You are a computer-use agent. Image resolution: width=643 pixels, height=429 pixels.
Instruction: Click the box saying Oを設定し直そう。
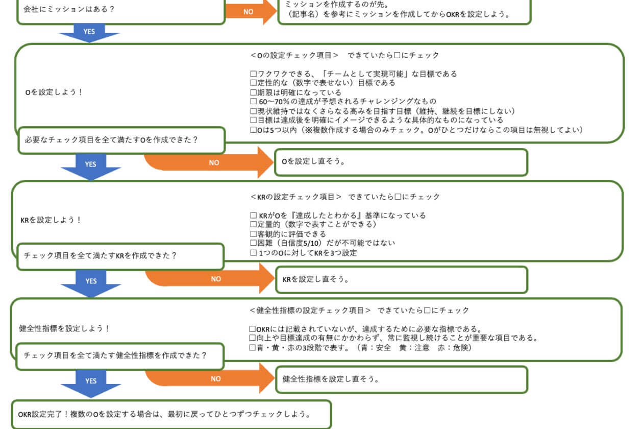click(x=401, y=162)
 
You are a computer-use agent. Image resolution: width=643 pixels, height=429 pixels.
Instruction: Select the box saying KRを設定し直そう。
click(x=401, y=279)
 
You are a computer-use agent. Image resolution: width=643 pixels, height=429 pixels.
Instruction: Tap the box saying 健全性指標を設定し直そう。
click(x=401, y=379)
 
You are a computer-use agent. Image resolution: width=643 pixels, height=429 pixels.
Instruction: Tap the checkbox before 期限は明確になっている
click(x=253, y=92)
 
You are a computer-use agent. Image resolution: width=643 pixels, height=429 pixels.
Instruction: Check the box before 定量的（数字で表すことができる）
click(x=253, y=225)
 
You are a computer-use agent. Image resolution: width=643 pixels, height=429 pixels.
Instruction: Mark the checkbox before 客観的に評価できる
click(x=253, y=234)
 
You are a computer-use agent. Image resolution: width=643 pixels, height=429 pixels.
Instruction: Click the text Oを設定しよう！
click(x=54, y=92)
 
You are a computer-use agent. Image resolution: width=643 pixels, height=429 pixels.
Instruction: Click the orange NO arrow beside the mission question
click(x=250, y=11)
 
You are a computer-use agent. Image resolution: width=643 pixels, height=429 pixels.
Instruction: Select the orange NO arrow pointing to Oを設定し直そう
click(x=214, y=162)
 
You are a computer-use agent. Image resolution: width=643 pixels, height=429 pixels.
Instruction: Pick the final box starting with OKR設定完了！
click(x=171, y=414)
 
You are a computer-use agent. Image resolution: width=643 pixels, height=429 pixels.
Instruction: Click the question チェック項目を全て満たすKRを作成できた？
click(x=121, y=256)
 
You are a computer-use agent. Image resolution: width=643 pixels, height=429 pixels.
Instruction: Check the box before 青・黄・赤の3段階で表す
click(x=252, y=348)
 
